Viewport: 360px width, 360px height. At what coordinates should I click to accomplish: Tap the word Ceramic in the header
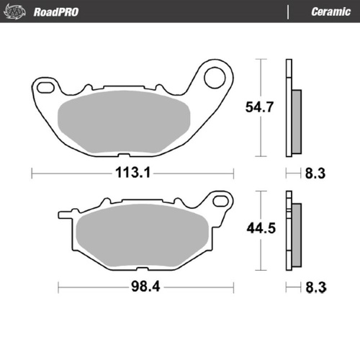(330, 12)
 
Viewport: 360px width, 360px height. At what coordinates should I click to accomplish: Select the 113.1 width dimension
(132, 174)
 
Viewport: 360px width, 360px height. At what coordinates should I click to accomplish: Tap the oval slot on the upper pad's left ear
(45, 88)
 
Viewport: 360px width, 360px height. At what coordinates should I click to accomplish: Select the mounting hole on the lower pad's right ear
(219, 199)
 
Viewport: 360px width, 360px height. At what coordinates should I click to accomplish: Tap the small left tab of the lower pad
(63, 214)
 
